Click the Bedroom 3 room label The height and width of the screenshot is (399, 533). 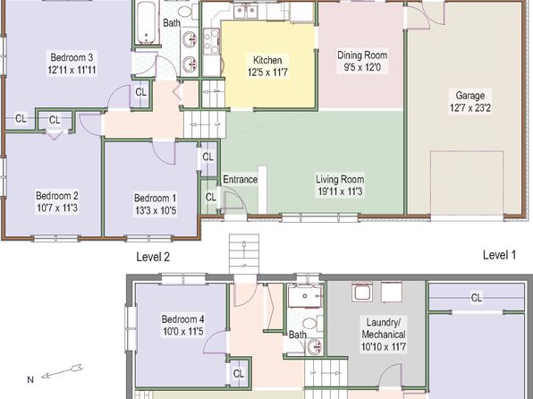[x=72, y=56]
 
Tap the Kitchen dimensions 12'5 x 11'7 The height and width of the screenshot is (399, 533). [x=268, y=72]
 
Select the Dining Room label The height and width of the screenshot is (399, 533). [x=362, y=55]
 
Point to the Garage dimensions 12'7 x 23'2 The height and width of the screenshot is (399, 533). [x=470, y=108]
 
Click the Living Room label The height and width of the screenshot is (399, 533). [x=340, y=179]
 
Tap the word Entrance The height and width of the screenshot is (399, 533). [x=240, y=179]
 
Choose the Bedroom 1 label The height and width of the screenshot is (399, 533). [x=156, y=198]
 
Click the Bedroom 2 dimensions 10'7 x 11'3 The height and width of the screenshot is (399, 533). [x=57, y=208]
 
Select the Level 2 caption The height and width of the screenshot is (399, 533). [x=153, y=257]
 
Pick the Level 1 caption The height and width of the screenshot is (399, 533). [x=499, y=255]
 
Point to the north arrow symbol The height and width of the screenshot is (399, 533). [x=62, y=371]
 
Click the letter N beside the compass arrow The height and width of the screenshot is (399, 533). [x=30, y=379]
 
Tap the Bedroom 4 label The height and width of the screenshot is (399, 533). [x=182, y=319]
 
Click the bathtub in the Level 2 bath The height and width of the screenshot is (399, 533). [x=147, y=22]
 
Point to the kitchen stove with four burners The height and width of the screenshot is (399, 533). [x=211, y=41]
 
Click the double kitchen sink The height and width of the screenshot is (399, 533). [x=246, y=12]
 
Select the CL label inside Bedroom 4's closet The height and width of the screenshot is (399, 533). [x=239, y=374]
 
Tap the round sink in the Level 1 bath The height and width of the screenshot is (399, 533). [x=315, y=346]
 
